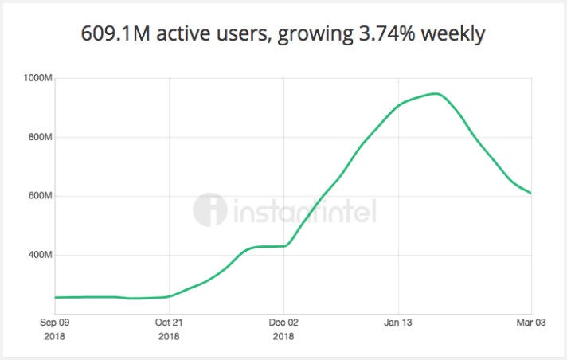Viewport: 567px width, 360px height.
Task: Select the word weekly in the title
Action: point(457,36)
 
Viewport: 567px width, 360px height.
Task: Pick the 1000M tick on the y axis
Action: point(37,78)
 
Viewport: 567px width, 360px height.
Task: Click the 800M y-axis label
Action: point(38,137)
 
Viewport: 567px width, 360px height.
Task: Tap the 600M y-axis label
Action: point(38,196)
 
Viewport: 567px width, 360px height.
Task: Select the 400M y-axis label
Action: point(38,255)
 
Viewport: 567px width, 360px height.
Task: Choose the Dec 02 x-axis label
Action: point(283,323)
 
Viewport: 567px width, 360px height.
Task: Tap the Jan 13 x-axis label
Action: point(397,323)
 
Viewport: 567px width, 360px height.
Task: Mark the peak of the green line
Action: point(436,94)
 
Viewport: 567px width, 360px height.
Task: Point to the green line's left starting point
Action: point(56,297)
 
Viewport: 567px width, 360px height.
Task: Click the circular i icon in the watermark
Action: point(209,209)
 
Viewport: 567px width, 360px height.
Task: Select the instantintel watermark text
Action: point(304,211)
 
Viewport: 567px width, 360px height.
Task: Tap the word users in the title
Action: point(237,35)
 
